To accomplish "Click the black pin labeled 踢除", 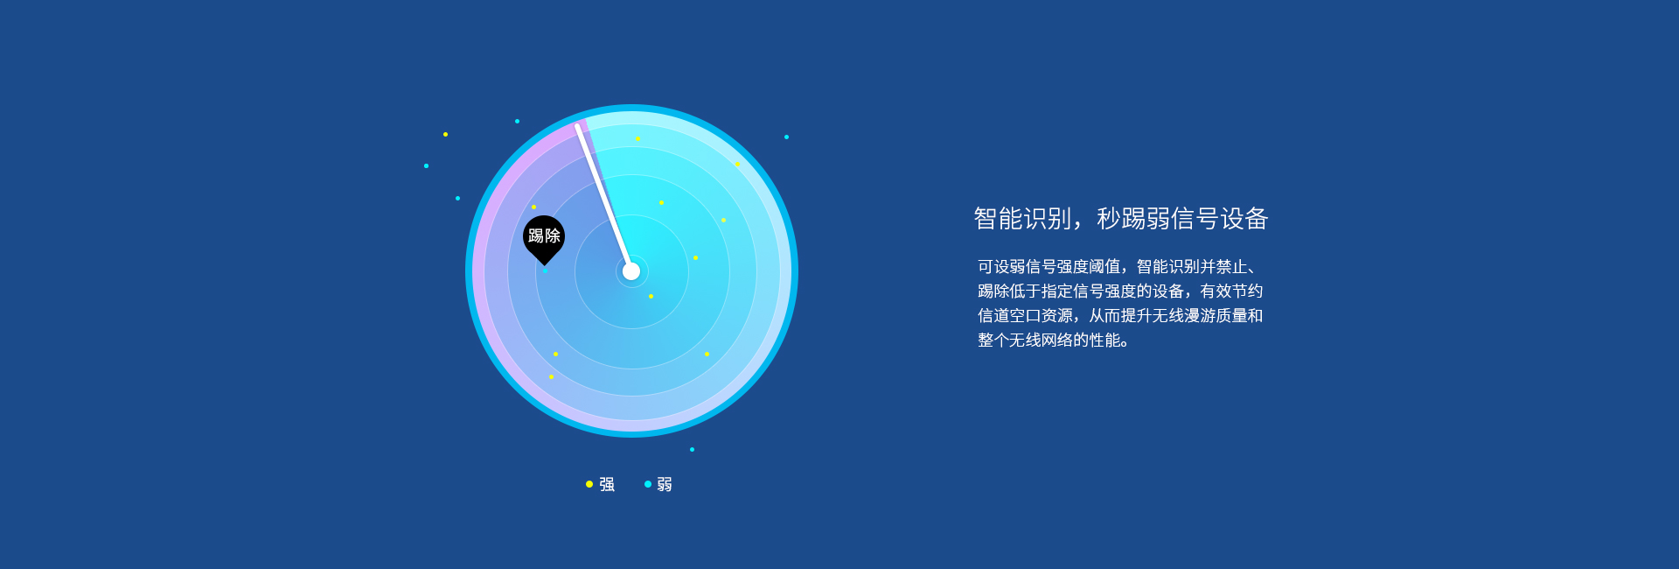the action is (x=544, y=238).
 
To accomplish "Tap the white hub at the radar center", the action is (x=630, y=271).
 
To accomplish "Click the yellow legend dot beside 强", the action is (x=589, y=484).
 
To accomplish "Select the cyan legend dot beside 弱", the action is (x=648, y=484).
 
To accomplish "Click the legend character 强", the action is (x=607, y=484).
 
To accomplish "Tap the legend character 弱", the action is (x=665, y=484).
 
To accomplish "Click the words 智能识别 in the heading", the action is (x=1022, y=219).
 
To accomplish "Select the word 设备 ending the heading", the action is (x=1244, y=219).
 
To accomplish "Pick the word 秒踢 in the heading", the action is (x=1121, y=219).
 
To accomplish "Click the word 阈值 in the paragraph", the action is (x=1104, y=267).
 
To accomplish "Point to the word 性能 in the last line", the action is (x=1104, y=341).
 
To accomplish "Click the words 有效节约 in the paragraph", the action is (x=1231, y=292).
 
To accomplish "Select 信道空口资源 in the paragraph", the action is (x=1025, y=316).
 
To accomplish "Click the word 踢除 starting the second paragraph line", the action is (x=993, y=292).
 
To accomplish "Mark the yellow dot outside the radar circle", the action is (x=445, y=134).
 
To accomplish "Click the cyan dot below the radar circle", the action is (x=692, y=449).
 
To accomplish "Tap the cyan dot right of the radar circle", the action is (x=786, y=137).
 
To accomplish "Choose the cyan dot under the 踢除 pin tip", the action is (x=545, y=270).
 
